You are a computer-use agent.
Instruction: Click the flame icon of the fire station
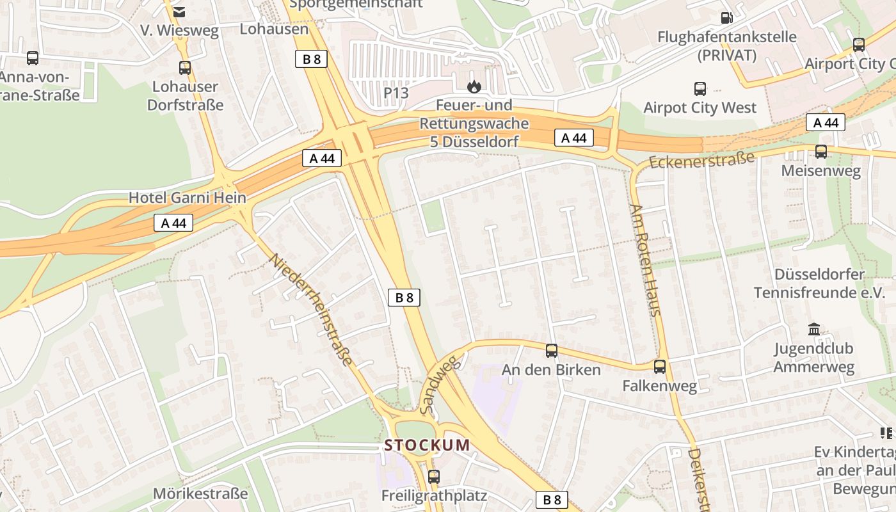(474, 86)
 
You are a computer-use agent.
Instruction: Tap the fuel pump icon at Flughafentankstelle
(726, 18)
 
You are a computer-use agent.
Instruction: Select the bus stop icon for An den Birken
(552, 351)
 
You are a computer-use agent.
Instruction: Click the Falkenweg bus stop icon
(660, 367)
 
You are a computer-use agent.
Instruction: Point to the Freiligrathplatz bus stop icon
(434, 476)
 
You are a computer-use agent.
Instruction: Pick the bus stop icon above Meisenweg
(821, 152)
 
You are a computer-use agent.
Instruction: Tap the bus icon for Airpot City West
(700, 89)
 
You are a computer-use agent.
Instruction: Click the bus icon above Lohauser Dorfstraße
(185, 67)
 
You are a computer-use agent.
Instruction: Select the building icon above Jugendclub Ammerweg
(814, 330)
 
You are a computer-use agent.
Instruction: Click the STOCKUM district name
(427, 445)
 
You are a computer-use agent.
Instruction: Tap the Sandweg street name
(440, 384)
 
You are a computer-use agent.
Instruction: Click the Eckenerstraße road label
(701, 159)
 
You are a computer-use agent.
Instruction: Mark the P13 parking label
(396, 93)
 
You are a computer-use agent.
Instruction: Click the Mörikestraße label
(200, 494)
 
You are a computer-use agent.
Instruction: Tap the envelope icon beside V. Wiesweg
(179, 12)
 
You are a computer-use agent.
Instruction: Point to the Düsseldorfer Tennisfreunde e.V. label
(819, 284)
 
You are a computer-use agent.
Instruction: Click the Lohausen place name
(274, 29)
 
